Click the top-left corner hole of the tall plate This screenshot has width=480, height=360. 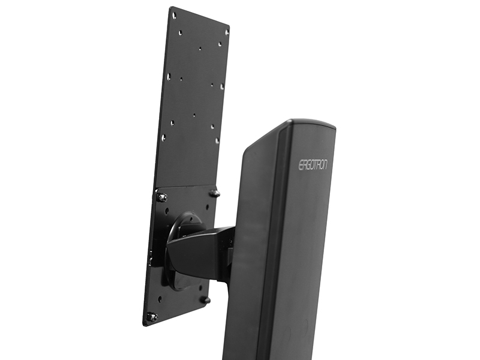174,14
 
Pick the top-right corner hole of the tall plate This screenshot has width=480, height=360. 227,31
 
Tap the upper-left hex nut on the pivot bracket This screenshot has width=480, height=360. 162,197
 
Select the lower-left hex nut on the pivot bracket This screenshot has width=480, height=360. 151,316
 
